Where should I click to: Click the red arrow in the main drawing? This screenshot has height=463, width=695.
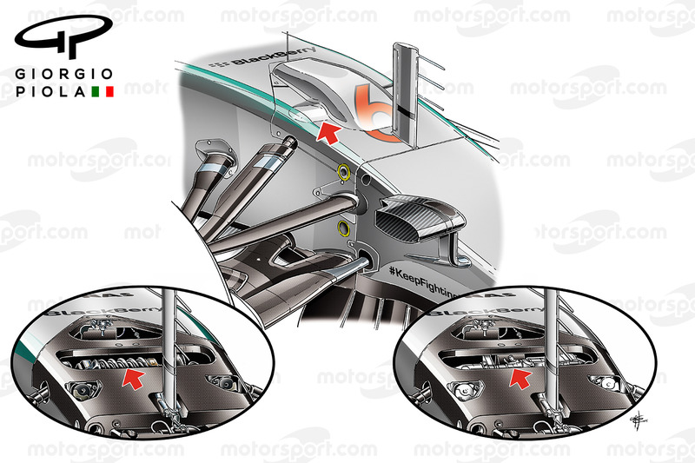coord(328,132)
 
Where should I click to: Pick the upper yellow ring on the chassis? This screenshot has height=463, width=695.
coord(344,172)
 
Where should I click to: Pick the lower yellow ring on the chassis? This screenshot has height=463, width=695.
coord(344,229)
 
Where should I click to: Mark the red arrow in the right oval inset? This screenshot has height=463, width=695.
coord(519,376)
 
